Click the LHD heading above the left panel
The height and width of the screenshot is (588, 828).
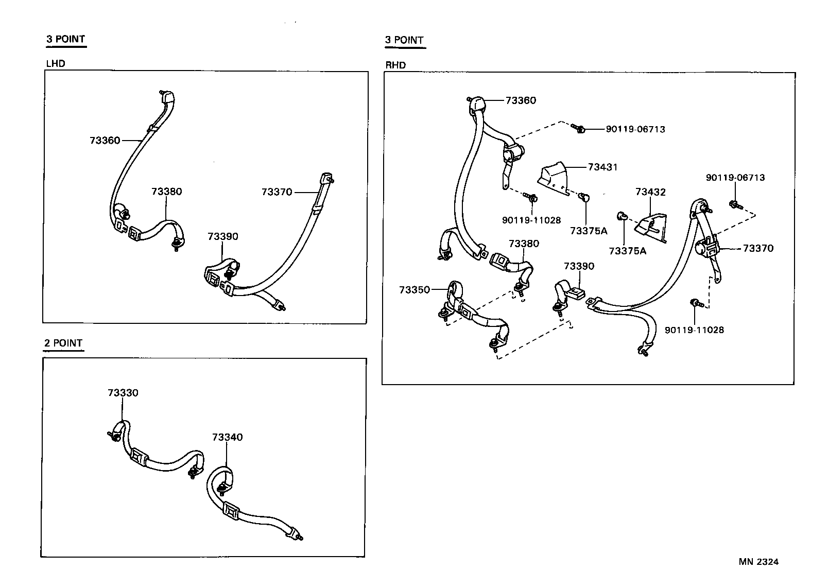point(56,64)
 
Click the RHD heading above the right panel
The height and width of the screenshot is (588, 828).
point(395,65)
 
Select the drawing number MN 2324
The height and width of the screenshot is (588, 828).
point(758,562)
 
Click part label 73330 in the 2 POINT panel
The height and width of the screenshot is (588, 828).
point(123,393)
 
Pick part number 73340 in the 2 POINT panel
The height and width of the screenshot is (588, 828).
point(227,437)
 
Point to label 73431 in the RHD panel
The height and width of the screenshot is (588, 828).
point(603,167)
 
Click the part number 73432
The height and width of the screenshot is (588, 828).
point(650,192)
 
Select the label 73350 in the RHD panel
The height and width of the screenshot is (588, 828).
point(414,290)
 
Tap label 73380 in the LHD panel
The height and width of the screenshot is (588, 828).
point(166,192)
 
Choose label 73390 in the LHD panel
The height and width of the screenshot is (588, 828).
point(223,236)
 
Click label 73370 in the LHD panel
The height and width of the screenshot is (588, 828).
point(277,192)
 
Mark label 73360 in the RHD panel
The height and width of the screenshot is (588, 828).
point(521,100)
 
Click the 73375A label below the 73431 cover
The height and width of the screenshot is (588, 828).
point(589,231)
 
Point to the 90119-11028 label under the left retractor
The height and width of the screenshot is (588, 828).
point(531,220)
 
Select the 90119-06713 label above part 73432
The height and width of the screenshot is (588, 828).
point(735,177)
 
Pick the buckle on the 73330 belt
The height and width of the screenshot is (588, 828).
point(139,456)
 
